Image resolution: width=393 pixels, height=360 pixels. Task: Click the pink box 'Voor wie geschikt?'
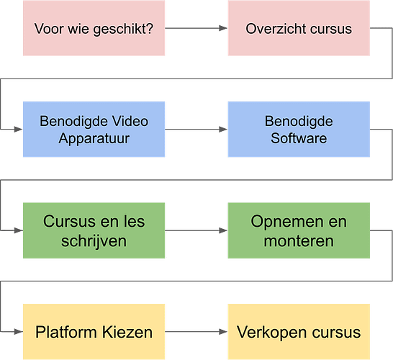point(94,28)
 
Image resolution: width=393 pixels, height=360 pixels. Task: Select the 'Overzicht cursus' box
point(299,28)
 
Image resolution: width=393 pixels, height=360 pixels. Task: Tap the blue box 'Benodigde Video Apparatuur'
point(94,130)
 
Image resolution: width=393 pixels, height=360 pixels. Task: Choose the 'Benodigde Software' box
point(299,130)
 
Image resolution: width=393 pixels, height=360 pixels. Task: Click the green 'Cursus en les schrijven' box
point(94,230)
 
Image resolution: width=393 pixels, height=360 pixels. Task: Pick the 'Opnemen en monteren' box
point(299,230)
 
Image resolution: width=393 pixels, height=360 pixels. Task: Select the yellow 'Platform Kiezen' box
point(94,332)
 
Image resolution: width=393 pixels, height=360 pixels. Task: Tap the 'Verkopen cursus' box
point(299,332)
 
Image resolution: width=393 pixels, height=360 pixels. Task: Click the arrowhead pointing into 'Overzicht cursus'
point(223,28)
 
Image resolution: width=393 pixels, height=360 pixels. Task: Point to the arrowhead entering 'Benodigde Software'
point(223,130)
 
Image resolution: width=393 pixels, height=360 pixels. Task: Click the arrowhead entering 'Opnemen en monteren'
point(223,230)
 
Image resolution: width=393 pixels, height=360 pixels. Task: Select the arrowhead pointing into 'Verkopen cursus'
point(223,332)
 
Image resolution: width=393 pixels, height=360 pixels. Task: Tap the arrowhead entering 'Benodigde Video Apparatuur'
point(18,130)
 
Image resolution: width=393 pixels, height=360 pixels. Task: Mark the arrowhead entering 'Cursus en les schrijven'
point(18,230)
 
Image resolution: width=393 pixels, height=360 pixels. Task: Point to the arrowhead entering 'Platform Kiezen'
point(18,332)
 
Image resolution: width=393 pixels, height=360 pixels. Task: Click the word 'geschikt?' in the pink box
point(123,30)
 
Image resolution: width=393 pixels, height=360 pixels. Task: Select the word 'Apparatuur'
point(94,139)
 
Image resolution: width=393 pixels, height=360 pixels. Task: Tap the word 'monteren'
point(299,241)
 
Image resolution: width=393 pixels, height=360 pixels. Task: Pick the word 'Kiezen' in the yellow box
point(127,332)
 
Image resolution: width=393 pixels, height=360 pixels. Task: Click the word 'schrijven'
point(94,242)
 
